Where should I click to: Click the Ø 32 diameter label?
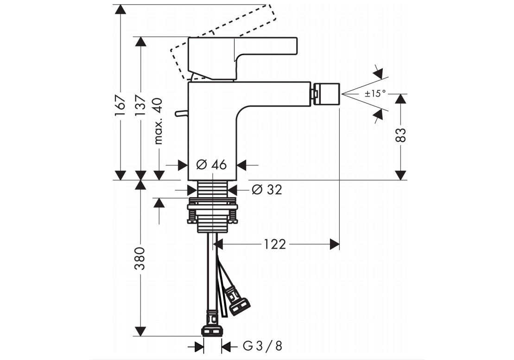click(267, 189)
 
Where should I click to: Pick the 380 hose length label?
click(140, 259)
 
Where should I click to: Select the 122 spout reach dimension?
click(275, 244)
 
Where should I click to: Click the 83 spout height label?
click(401, 135)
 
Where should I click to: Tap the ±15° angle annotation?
click(375, 94)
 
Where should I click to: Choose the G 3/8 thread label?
click(262, 346)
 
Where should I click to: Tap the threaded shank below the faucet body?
click(212, 189)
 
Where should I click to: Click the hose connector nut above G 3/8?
click(212, 331)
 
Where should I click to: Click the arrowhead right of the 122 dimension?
click(335, 244)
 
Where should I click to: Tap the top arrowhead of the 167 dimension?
click(120, 9)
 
